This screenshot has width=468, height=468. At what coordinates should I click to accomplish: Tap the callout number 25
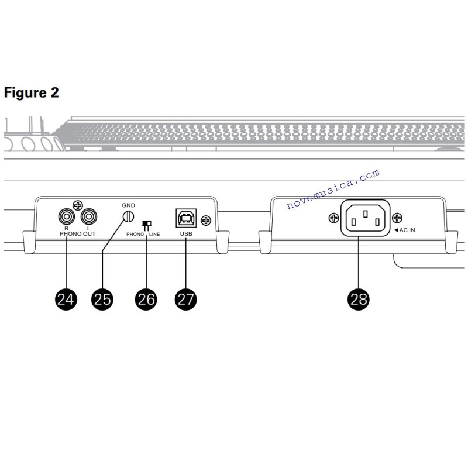(102, 300)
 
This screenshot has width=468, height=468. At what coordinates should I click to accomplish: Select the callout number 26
(146, 300)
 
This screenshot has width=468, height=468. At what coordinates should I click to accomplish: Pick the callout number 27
(185, 300)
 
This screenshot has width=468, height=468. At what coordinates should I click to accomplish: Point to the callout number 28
(357, 300)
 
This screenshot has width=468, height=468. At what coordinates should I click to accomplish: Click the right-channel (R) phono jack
(65, 218)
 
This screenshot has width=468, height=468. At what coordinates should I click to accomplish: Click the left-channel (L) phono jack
(89, 218)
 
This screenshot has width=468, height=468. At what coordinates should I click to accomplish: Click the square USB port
(185, 218)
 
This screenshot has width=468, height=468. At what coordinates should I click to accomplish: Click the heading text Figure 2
(32, 92)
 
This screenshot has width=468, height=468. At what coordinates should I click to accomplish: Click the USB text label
(186, 234)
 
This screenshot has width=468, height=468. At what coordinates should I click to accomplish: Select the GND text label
(128, 205)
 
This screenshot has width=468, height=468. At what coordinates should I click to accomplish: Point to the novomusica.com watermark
(333, 189)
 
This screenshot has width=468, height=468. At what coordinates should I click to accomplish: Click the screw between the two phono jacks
(77, 205)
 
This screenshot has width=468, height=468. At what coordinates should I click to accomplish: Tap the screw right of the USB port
(205, 221)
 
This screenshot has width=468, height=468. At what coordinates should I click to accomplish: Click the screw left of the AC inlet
(333, 218)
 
